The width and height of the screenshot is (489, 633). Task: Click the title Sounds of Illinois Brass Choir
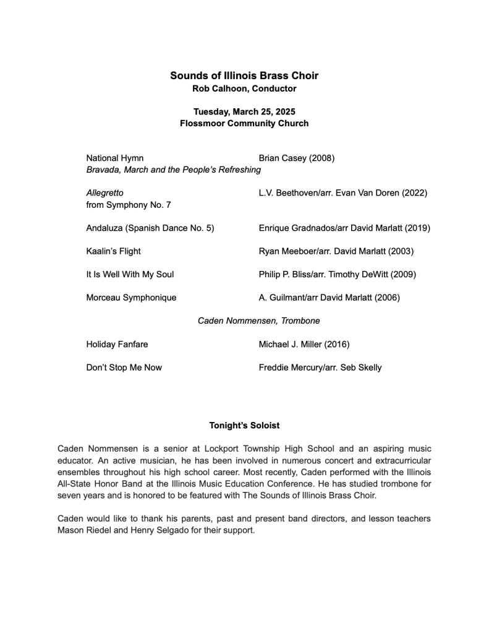[244, 76]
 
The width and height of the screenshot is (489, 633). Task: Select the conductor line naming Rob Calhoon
[244, 89]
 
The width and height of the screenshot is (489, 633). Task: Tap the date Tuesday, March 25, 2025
[244, 112]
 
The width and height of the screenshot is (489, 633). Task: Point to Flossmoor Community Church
[244, 123]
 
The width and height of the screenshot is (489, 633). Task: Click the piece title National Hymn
[115, 158]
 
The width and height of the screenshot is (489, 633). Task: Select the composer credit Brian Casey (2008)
[297, 158]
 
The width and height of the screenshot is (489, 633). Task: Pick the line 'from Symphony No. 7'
[129, 205]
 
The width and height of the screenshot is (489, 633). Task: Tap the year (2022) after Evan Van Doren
[414, 193]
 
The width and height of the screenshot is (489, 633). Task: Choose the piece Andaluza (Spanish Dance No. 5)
[150, 228]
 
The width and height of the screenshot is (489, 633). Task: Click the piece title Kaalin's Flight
[113, 251]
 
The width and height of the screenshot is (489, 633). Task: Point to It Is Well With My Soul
[130, 274]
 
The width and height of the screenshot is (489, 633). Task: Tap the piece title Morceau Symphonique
[131, 298]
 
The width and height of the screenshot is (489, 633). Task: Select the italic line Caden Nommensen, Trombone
[258, 321]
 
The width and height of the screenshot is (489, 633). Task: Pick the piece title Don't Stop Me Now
[124, 368]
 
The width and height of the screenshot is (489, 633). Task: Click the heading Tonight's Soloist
[244, 426]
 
